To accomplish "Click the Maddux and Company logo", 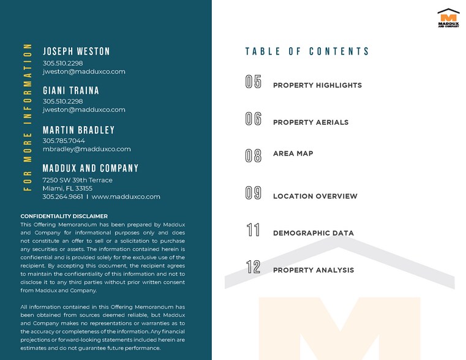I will pos(448,18).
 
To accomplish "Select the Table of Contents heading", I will pos(307,51).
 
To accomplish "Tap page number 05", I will pos(254,82).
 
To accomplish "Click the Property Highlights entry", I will pos(317,85).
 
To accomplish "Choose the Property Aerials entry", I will pos(310,122).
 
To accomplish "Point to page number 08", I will pos(254,156).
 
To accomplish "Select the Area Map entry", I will pos(293,154).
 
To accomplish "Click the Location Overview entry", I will pos(315,197).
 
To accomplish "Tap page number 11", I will pos(254,230).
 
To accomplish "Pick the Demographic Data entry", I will pos(313,233).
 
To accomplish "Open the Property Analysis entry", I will pos(313,270).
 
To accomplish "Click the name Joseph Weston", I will pos(77,51).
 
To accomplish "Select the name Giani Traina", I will pos(71,91).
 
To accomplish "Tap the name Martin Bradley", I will pos(78,130).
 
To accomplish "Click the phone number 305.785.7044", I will pos(64,141).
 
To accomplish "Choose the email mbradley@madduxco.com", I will pos(86,149).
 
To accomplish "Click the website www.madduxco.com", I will pos(126,197).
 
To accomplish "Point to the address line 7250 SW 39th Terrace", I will pos(77,180).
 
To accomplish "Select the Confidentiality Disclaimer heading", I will pos(64,216).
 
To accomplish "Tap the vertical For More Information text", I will pos(28,117).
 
